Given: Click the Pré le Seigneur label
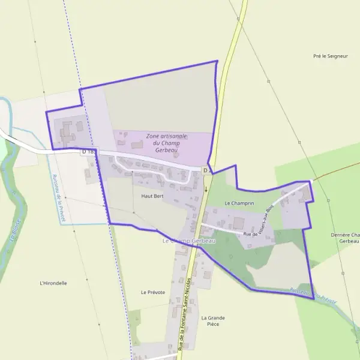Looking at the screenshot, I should pyautogui.click(x=331, y=56).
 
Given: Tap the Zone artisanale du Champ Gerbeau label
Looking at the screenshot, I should pyautogui.click(x=163, y=142).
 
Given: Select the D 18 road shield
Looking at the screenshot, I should pyautogui.click(x=88, y=152).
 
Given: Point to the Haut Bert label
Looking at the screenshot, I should pyautogui.click(x=152, y=196).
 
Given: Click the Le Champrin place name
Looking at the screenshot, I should pyautogui.click(x=239, y=203).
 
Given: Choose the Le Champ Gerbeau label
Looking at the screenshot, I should pyautogui.click(x=188, y=241).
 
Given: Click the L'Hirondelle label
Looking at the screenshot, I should pyautogui.click(x=53, y=283).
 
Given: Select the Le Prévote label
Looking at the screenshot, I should pyautogui.click(x=152, y=292).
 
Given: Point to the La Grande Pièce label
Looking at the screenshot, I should pyautogui.click(x=213, y=320).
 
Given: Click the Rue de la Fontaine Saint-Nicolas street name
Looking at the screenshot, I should pyautogui.click(x=185, y=312).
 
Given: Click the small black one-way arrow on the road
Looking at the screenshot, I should pyautogui.click(x=206, y=188).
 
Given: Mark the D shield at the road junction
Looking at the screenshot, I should pyautogui.click(x=205, y=170).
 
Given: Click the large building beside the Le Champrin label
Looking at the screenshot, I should pyautogui.click(x=239, y=223).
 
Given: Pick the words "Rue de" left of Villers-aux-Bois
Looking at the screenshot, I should pyautogui.click(x=251, y=234).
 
